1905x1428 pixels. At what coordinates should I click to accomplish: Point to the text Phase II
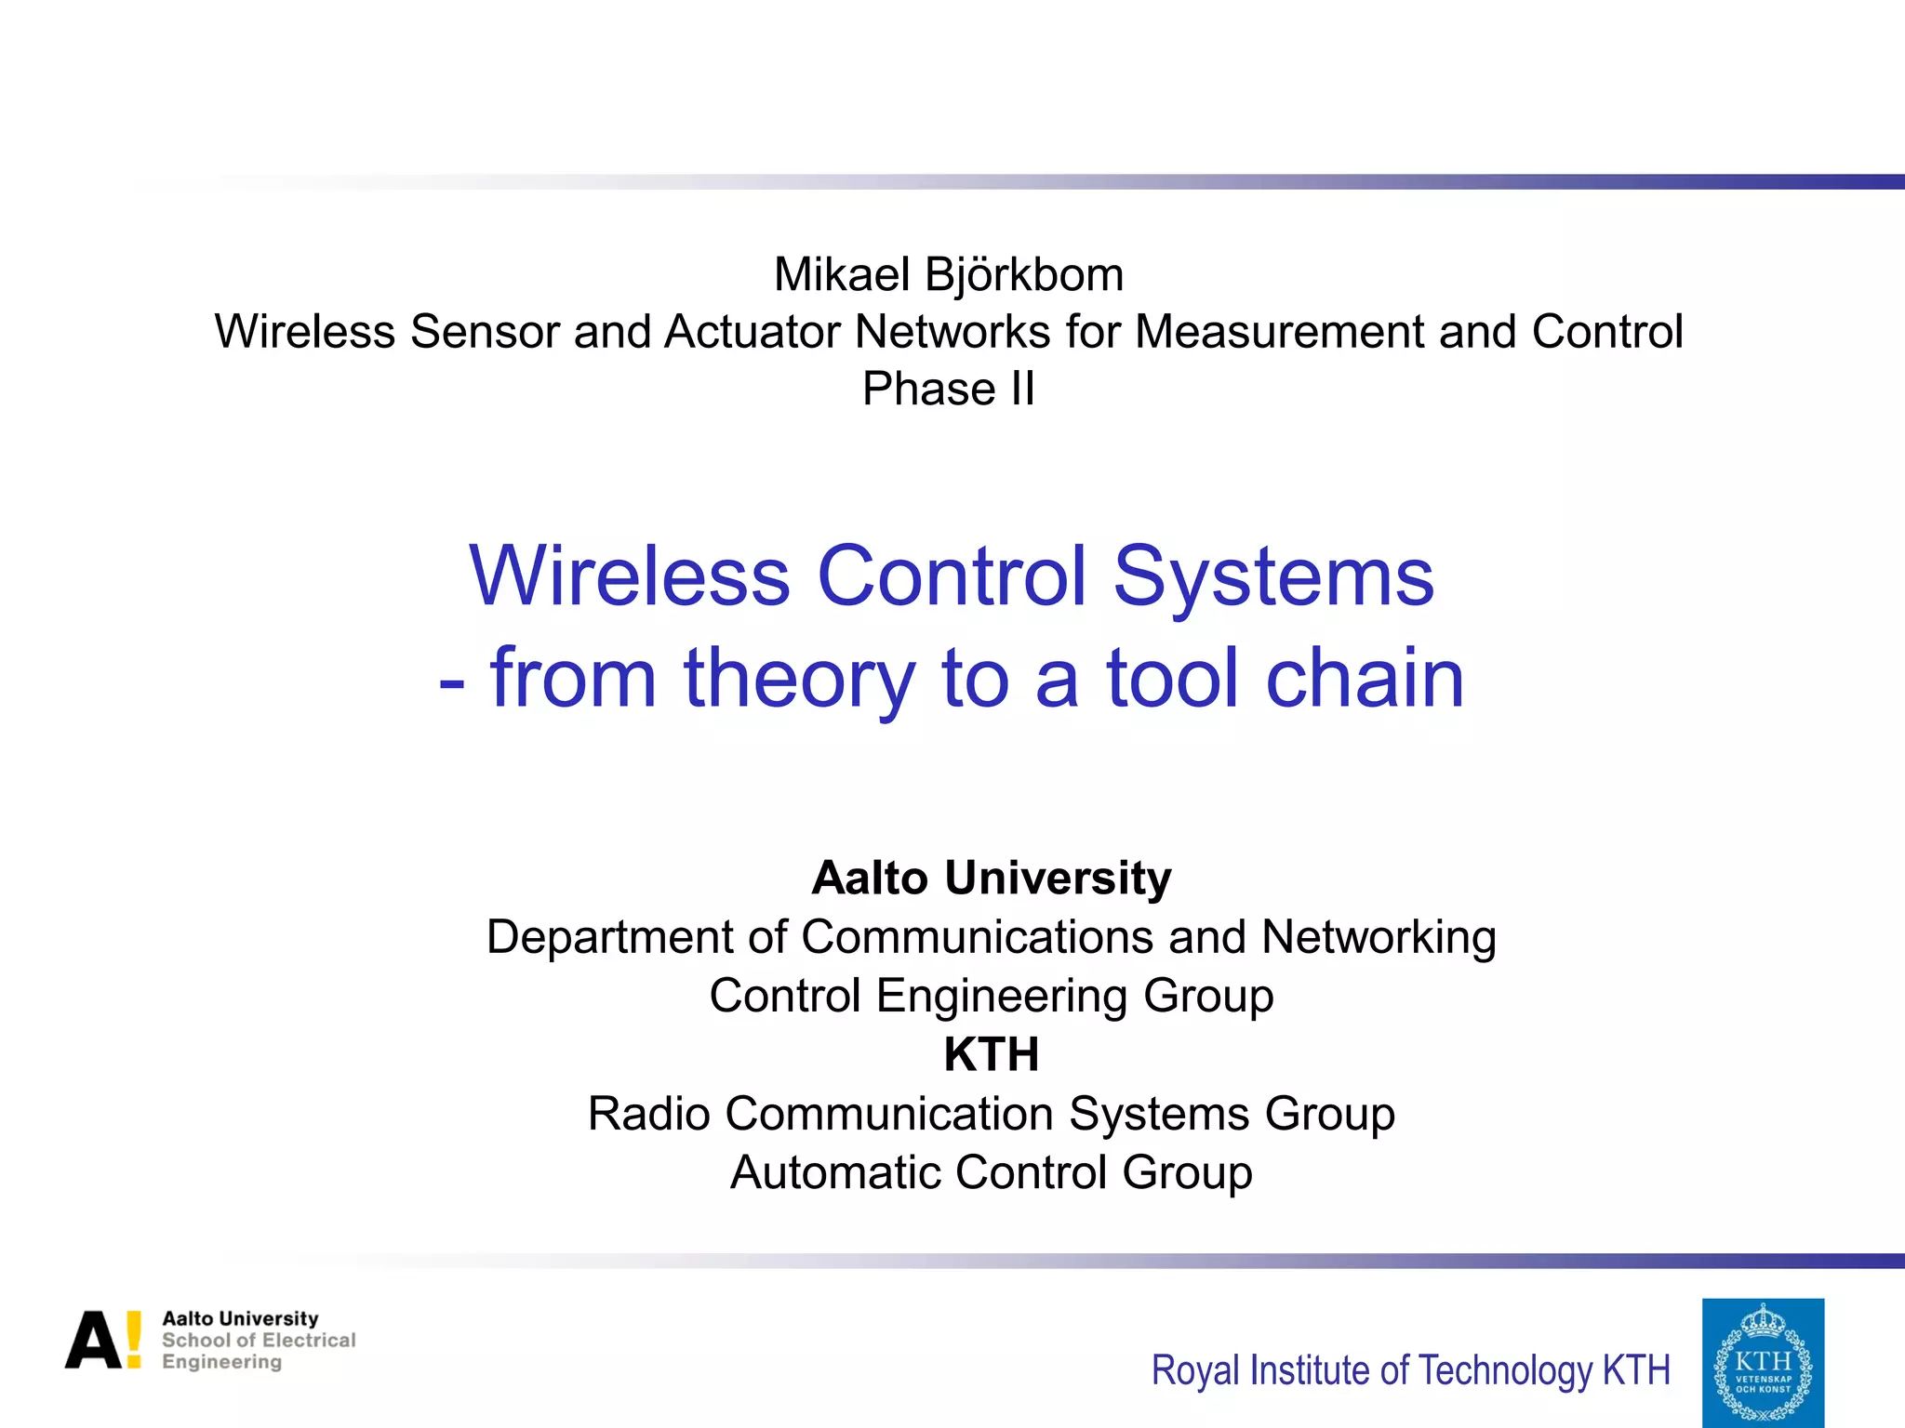[x=948, y=389]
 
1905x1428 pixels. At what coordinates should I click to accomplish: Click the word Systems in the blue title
[x=1273, y=576]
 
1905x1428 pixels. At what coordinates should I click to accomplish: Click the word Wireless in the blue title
[x=630, y=576]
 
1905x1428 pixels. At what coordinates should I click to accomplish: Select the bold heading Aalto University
[x=991, y=878]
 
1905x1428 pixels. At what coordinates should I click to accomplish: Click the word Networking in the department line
[x=1379, y=937]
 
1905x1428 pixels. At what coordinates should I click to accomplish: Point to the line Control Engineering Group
[x=991, y=996]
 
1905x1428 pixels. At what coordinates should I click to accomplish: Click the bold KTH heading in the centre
[x=991, y=1054]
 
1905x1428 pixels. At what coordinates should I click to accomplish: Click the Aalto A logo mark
[x=93, y=1340]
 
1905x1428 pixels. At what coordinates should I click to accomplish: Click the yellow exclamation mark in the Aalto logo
[x=134, y=1340]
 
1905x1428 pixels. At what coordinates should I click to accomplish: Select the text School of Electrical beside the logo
[x=259, y=1340]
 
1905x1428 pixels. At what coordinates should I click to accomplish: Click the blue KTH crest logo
[x=1763, y=1362]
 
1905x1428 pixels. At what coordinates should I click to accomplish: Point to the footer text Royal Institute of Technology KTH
[x=1410, y=1370]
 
